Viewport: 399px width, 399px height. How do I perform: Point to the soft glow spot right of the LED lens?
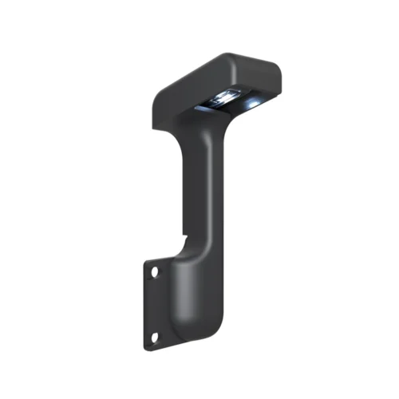pos(254,105)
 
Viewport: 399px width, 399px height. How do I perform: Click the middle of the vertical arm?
pos(199,192)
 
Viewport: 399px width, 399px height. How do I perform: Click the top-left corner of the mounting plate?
pos(145,261)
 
